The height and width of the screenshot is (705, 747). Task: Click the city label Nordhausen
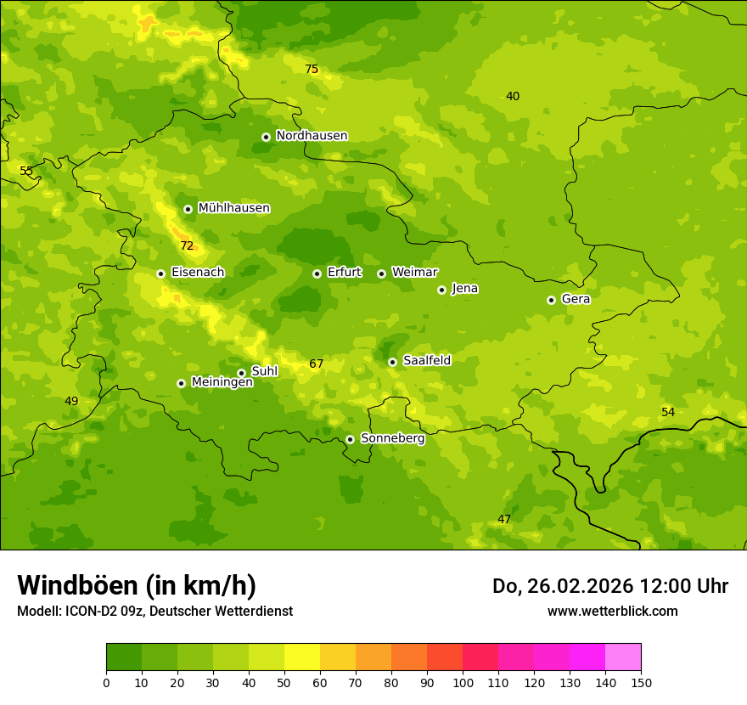coord(312,136)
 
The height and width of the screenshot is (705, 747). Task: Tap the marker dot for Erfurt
coord(317,274)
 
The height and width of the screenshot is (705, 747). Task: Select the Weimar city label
coord(414,273)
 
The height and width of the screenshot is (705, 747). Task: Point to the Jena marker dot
coord(441,290)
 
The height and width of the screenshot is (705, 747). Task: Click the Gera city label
coord(576,299)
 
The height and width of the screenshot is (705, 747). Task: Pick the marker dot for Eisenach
coord(160,274)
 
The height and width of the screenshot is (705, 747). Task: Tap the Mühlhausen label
coord(233,208)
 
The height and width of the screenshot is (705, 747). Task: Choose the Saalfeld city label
coord(427,361)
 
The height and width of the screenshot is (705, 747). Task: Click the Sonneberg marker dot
coord(350,439)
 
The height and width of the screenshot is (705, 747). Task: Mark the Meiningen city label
coord(222,382)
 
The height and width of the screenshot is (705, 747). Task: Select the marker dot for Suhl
coord(241,373)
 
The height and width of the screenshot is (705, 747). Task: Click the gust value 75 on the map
coord(312,70)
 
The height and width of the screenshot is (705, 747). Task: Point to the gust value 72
coord(187,246)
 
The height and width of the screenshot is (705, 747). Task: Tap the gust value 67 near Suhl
coord(316,364)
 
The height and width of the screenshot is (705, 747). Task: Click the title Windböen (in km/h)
coord(137,585)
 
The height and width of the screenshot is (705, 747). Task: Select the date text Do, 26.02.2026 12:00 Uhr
coord(609,586)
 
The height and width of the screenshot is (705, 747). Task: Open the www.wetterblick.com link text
coord(612,612)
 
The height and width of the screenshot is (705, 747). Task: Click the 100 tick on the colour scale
coord(463,682)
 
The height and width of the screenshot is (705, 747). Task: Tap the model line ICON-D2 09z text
coord(154,612)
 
